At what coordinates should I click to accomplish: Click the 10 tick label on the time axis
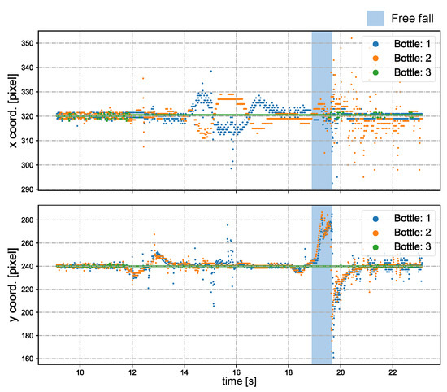point(80,372)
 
